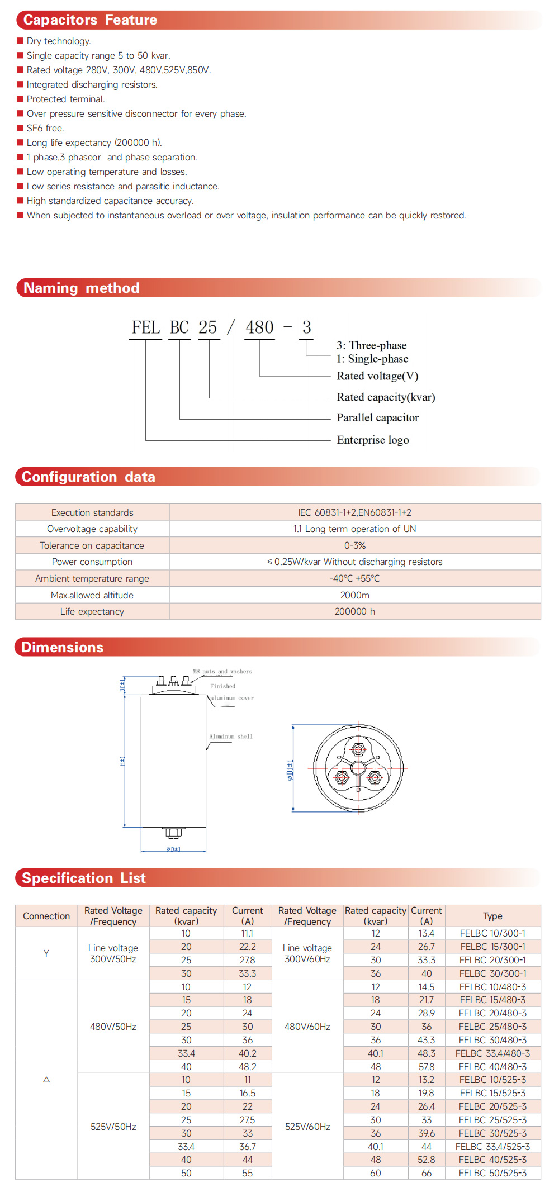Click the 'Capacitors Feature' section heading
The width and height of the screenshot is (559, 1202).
click(90, 20)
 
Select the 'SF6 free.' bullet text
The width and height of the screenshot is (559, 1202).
click(45, 128)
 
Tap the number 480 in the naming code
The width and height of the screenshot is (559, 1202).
click(259, 327)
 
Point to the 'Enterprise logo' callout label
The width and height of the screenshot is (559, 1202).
click(372, 440)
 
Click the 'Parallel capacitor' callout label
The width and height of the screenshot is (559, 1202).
click(377, 417)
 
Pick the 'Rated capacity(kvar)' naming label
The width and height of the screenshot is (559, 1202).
click(385, 397)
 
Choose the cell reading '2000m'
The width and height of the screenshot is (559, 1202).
click(354, 595)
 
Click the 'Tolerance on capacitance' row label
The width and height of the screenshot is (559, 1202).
click(92, 545)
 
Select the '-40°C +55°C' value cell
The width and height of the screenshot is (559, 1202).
click(354, 578)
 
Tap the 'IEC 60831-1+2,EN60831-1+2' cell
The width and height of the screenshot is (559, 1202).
click(354, 512)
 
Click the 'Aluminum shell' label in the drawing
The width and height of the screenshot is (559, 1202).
click(231, 737)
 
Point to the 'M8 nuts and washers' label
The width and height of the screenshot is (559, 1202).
click(222, 671)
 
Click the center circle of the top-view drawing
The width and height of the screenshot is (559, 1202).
click(358, 768)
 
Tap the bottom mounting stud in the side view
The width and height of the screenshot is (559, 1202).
click(173, 833)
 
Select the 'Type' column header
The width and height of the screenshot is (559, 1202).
click(492, 916)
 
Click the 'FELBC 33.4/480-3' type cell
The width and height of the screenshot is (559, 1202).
click(492, 1053)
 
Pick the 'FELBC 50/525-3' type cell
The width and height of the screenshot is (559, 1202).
click(492, 1173)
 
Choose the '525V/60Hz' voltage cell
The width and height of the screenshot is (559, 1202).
click(307, 1127)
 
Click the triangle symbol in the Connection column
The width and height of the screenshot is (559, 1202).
click(46, 1080)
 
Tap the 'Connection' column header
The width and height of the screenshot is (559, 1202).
click(46, 916)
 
